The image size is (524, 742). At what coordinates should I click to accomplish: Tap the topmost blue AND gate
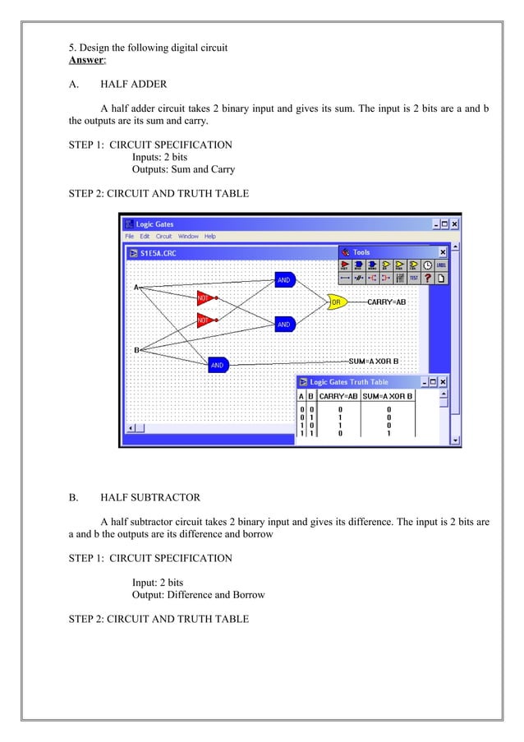pos(284,280)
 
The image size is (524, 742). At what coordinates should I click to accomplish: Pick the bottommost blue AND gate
pos(218,365)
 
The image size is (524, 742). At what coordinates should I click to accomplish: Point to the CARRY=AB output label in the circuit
pos(386,302)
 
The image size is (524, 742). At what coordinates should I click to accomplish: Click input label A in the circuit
pos(136,287)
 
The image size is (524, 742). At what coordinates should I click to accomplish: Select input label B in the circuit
pos(136,350)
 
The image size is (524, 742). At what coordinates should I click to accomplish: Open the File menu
pos(130,237)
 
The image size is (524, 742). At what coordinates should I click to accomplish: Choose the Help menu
pos(210,237)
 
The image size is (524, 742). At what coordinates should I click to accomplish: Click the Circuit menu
pos(164,237)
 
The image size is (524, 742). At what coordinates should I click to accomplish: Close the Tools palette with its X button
pos(443,252)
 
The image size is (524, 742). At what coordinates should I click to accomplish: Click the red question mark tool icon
pos(428,278)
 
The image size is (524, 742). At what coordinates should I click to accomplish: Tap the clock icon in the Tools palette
pos(427,265)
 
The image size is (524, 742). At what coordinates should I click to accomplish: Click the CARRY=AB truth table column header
pos(338,396)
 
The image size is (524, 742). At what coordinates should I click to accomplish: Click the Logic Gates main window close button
pos(454,224)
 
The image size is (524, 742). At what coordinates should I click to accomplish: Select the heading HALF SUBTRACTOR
pos(150,497)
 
